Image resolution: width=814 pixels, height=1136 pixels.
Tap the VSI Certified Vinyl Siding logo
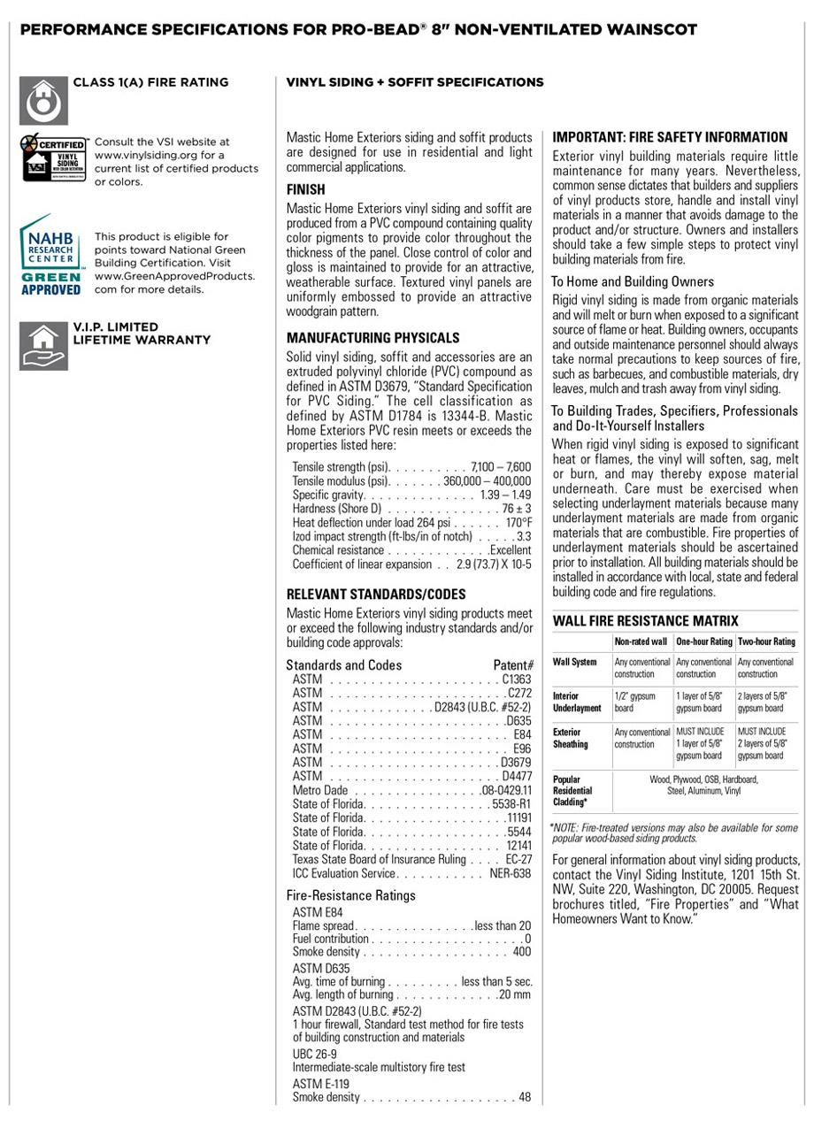53,157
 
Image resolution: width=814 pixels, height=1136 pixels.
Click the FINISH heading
305,189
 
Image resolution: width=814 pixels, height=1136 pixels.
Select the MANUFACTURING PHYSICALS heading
372,338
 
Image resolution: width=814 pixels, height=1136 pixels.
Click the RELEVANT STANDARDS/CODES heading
375,594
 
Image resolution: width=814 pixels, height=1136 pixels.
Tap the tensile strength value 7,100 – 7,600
501,466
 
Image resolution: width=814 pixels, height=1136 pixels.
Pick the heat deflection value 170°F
518,523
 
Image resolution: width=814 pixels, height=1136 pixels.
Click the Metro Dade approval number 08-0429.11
507,790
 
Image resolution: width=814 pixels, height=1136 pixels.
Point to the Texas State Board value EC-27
518,859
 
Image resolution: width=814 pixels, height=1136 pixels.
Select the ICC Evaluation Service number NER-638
510,873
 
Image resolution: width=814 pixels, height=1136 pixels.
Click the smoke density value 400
521,952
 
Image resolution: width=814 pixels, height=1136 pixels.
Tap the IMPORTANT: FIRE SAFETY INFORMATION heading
670,137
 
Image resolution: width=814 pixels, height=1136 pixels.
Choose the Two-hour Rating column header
766,641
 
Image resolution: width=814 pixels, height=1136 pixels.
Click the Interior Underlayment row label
578,702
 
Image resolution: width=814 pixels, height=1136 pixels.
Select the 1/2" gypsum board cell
635,702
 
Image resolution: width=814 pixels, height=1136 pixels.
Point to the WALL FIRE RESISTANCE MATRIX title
645,621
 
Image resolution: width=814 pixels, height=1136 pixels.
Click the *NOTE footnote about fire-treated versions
673,833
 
